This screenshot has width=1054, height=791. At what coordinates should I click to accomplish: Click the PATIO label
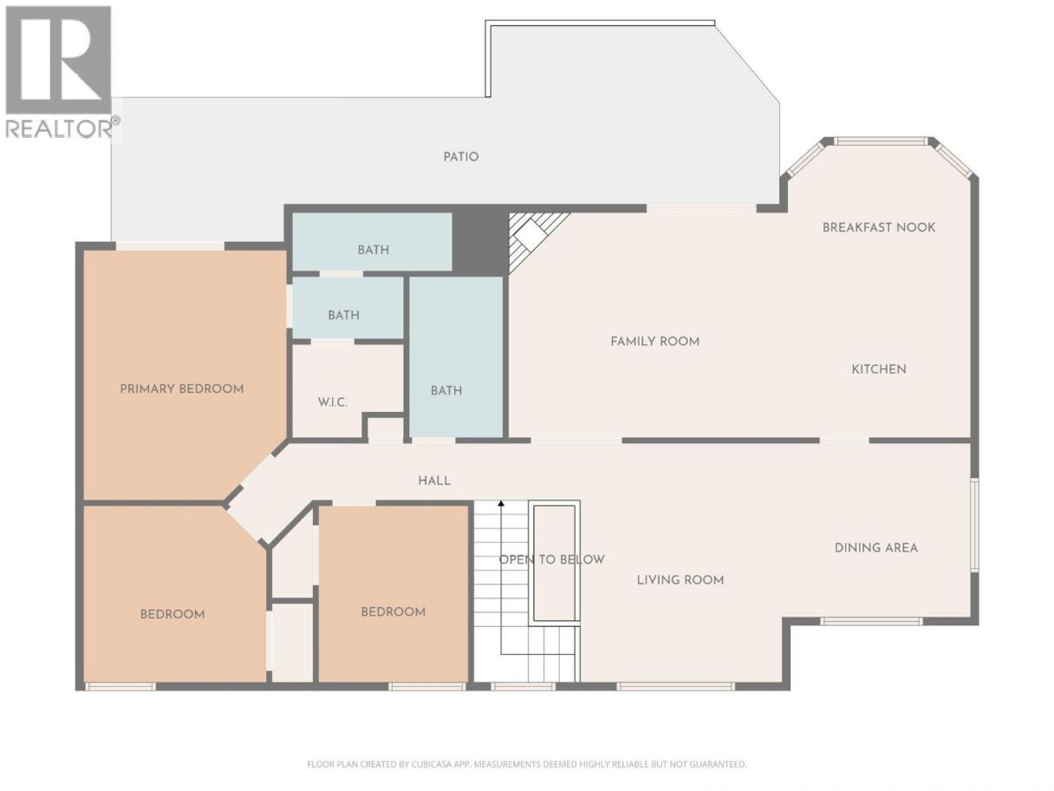pyautogui.click(x=460, y=157)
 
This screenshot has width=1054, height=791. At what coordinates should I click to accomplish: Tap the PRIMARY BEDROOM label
pyautogui.click(x=181, y=389)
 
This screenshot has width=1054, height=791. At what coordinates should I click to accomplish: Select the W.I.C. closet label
pyautogui.click(x=332, y=402)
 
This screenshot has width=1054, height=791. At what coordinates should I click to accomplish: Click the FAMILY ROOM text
pyautogui.click(x=654, y=342)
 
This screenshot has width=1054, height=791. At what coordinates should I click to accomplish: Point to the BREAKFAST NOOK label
pyautogui.click(x=879, y=227)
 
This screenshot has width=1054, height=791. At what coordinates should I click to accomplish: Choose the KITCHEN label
pyautogui.click(x=879, y=369)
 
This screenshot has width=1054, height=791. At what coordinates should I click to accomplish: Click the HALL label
pyautogui.click(x=434, y=480)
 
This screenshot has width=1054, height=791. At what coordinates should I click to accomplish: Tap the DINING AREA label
pyautogui.click(x=875, y=548)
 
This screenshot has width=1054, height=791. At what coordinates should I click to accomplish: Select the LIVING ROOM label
pyautogui.click(x=680, y=580)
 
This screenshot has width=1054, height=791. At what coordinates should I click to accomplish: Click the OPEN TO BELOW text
pyautogui.click(x=551, y=559)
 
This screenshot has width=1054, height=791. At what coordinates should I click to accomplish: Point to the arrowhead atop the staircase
pyautogui.click(x=501, y=504)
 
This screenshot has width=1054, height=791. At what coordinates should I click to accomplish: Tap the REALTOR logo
pyautogui.click(x=59, y=72)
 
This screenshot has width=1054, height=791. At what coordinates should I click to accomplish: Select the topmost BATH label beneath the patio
pyautogui.click(x=373, y=250)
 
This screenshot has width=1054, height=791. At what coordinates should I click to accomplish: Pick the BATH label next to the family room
pyautogui.click(x=446, y=391)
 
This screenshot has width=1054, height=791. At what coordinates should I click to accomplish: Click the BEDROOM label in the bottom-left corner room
pyautogui.click(x=172, y=614)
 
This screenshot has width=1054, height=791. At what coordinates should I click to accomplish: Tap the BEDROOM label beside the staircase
pyautogui.click(x=393, y=612)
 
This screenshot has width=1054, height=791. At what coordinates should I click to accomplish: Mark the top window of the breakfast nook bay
pyautogui.click(x=880, y=141)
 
